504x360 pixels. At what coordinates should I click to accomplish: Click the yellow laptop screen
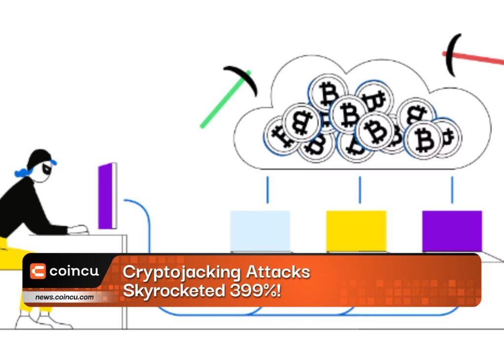(x=356, y=231)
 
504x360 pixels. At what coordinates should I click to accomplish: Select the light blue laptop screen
(x=260, y=231)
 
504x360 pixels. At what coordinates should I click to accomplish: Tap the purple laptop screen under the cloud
(x=452, y=231)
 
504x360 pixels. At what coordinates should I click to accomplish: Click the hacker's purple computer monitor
(x=107, y=196)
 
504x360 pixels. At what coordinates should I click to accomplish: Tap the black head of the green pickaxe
(x=242, y=78)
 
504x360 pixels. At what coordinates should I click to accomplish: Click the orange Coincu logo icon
(x=38, y=271)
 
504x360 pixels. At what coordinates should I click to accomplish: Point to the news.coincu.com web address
(x=64, y=297)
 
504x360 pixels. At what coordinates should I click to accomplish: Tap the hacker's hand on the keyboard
(x=79, y=229)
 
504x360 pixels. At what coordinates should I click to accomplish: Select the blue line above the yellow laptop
(x=360, y=190)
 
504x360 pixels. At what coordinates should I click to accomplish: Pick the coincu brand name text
(x=74, y=271)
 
